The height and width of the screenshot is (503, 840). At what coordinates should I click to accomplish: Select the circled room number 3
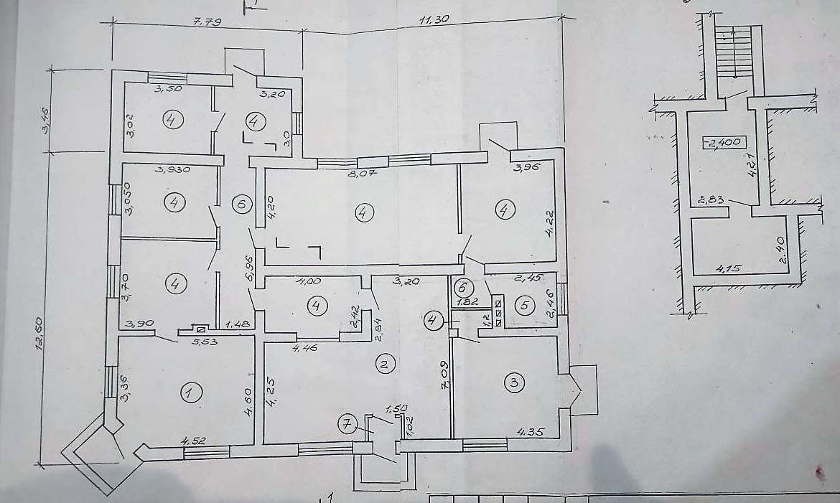pyautogui.click(x=513, y=382)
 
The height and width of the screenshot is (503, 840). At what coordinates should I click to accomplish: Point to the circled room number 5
pyautogui.click(x=525, y=305)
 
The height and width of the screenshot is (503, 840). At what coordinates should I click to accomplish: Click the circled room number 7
pyautogui.click(x=347, y=425)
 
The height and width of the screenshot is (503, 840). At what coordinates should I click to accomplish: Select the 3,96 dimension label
pyautogui.click(x=525, y=169)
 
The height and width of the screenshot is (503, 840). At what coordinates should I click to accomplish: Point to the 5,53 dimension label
pyautogui.click(x=204, y=343)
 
